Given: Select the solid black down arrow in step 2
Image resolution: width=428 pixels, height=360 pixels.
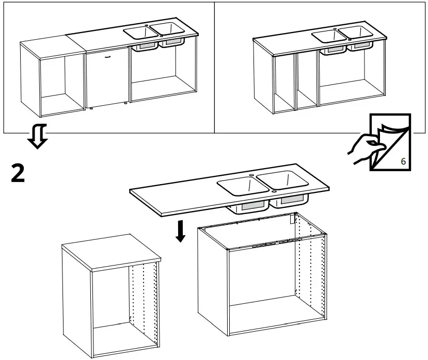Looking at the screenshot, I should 180,232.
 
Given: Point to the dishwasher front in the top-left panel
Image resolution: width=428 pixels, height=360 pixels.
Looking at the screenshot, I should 107,77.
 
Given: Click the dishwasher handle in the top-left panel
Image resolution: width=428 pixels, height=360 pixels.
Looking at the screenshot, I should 107,58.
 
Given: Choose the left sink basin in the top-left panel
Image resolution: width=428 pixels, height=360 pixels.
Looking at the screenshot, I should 141,32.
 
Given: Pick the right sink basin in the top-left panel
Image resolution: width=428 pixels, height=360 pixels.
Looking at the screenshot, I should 167,28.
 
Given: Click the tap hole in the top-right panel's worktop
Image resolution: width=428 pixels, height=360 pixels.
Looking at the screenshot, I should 335,28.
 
